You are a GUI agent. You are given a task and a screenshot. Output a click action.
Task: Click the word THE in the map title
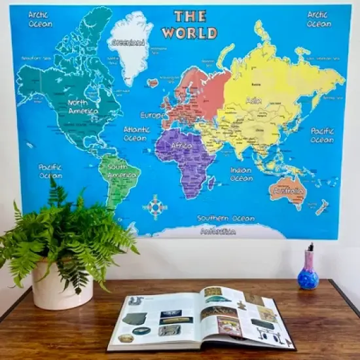pyautogui.click(x=190, y=16)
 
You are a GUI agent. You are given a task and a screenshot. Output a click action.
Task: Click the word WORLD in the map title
pyautogui.click(x=190, y=32)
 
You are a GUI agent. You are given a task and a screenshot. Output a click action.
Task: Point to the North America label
pyautogui.click(x=82, y=107)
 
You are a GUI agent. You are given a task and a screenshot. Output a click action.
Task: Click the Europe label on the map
pyautogui.click(x=154, y=115)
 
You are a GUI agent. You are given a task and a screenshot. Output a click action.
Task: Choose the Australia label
pyautogui.click(x=288, y=191)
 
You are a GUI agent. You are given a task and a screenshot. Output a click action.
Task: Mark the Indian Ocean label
pyautogui.click(x=241, y=174)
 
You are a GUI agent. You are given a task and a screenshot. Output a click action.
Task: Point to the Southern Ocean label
pyautogui.click(x=227, y=218)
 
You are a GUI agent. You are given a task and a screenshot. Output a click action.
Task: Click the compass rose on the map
pyautogui.click(x=156, y=207)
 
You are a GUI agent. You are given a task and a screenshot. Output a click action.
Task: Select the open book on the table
pyautogui.click(x=200, y=319)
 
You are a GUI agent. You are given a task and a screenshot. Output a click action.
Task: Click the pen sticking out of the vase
pyautogui.click(x=310, y=248)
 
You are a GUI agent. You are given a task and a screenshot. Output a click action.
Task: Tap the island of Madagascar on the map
pyautogui.click(x=211, y=182)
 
